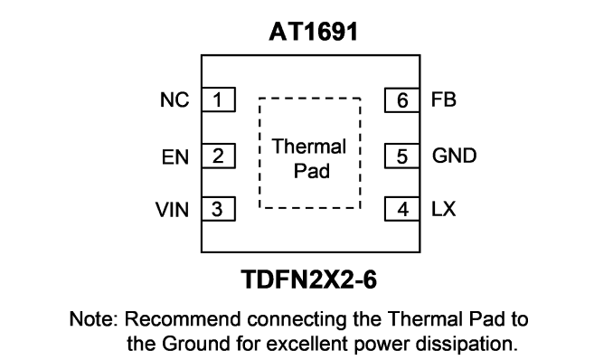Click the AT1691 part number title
coord(313,32)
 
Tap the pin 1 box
coord(219,99)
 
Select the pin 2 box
coord(219,156)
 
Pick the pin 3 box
coord(219,209)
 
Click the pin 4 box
coord(402,209)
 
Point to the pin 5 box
coord(402,156)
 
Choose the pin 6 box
coord(402,100)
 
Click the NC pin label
coord(174,99)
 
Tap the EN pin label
coord(175,156)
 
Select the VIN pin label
coord(172,210)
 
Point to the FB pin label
coord(444,99)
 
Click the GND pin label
coord(454,156)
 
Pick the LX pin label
coord(443,209)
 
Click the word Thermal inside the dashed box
coord(309,147)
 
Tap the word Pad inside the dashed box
coord(312,171)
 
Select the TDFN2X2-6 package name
coord(309,279)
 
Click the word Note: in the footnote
coord(93,319)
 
